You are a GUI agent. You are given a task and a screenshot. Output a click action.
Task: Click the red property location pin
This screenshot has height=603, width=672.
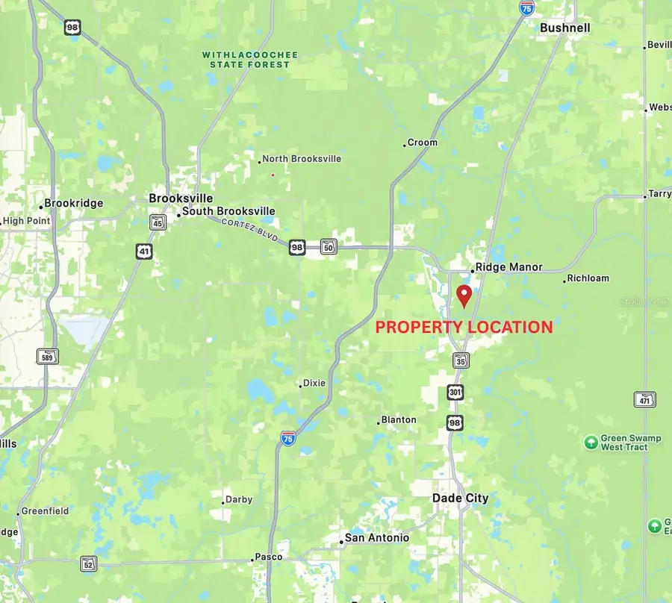[464, 295]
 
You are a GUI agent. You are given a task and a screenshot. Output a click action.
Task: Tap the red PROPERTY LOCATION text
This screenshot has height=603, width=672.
[464, 327]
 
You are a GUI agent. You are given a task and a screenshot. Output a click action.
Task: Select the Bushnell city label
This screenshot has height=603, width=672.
[565, 28]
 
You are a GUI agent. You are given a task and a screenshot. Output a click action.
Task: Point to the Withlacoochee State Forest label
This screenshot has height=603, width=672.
[250, 60]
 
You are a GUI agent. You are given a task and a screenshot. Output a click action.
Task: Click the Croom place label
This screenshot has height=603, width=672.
[423, 143]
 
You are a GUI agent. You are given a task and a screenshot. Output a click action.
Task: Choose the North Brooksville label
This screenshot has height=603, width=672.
[302, 159]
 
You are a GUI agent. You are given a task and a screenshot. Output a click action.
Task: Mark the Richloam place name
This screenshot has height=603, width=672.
[588, 278]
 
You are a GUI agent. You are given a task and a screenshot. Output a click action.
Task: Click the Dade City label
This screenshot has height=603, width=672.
[461, 498]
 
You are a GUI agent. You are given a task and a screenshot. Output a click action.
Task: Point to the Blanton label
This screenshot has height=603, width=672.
[399, 420]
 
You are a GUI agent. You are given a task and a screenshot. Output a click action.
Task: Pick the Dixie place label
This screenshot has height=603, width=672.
[314, 383]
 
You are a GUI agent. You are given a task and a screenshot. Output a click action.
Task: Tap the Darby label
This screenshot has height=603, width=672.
[239, 499]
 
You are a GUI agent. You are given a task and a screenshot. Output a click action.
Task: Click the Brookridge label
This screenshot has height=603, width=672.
[73, 203]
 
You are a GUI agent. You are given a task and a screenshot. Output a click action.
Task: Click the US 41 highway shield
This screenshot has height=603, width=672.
[144, 251]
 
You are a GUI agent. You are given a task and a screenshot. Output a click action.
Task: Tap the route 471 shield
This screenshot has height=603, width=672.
[644, 399]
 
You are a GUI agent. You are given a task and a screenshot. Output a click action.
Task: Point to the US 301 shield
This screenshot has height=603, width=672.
[455, 392]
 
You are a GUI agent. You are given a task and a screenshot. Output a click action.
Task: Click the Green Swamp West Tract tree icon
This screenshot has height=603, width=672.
[591, 443]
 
